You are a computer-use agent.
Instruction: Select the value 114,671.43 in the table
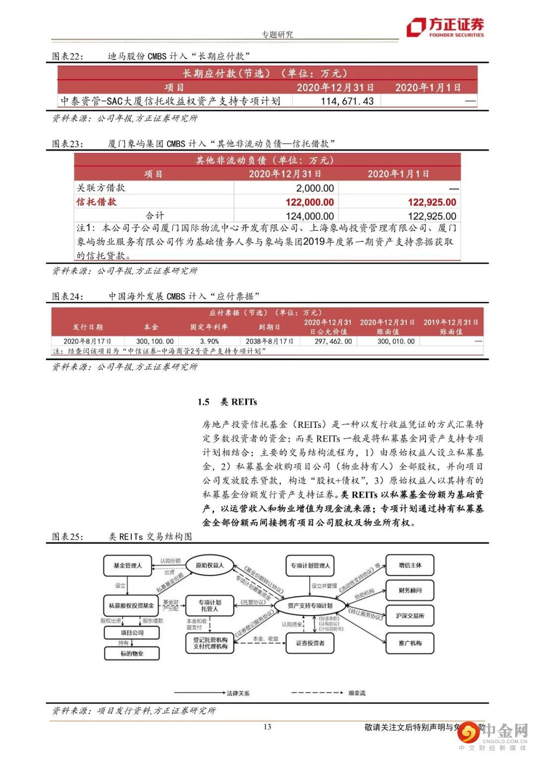pos(347,101)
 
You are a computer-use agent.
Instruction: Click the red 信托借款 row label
pos(97,202)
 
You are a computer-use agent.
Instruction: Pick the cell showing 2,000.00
pos(315,188)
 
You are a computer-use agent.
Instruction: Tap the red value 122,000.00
pos(310,202)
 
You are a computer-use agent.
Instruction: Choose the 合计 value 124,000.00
pos(310,216)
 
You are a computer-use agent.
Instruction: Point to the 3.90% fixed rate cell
pos(209,341)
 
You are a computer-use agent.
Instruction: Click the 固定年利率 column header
pos(209,327)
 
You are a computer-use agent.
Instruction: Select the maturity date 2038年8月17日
pos(269,341)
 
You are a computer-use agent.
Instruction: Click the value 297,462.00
pos(333,341)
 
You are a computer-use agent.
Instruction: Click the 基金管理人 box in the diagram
pos(127,566)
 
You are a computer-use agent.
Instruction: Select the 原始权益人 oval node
pos(210,565)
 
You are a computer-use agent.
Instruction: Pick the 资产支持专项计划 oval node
pos(310,605)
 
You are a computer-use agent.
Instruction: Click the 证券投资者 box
pos(310,643)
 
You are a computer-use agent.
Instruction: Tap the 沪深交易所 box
pos(410,616)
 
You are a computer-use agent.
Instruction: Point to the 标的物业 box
pos(132,653)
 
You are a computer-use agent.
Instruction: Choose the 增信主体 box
pos(410,565)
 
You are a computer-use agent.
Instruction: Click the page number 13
pos(267,727)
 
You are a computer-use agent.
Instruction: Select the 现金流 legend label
pos(357,693)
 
